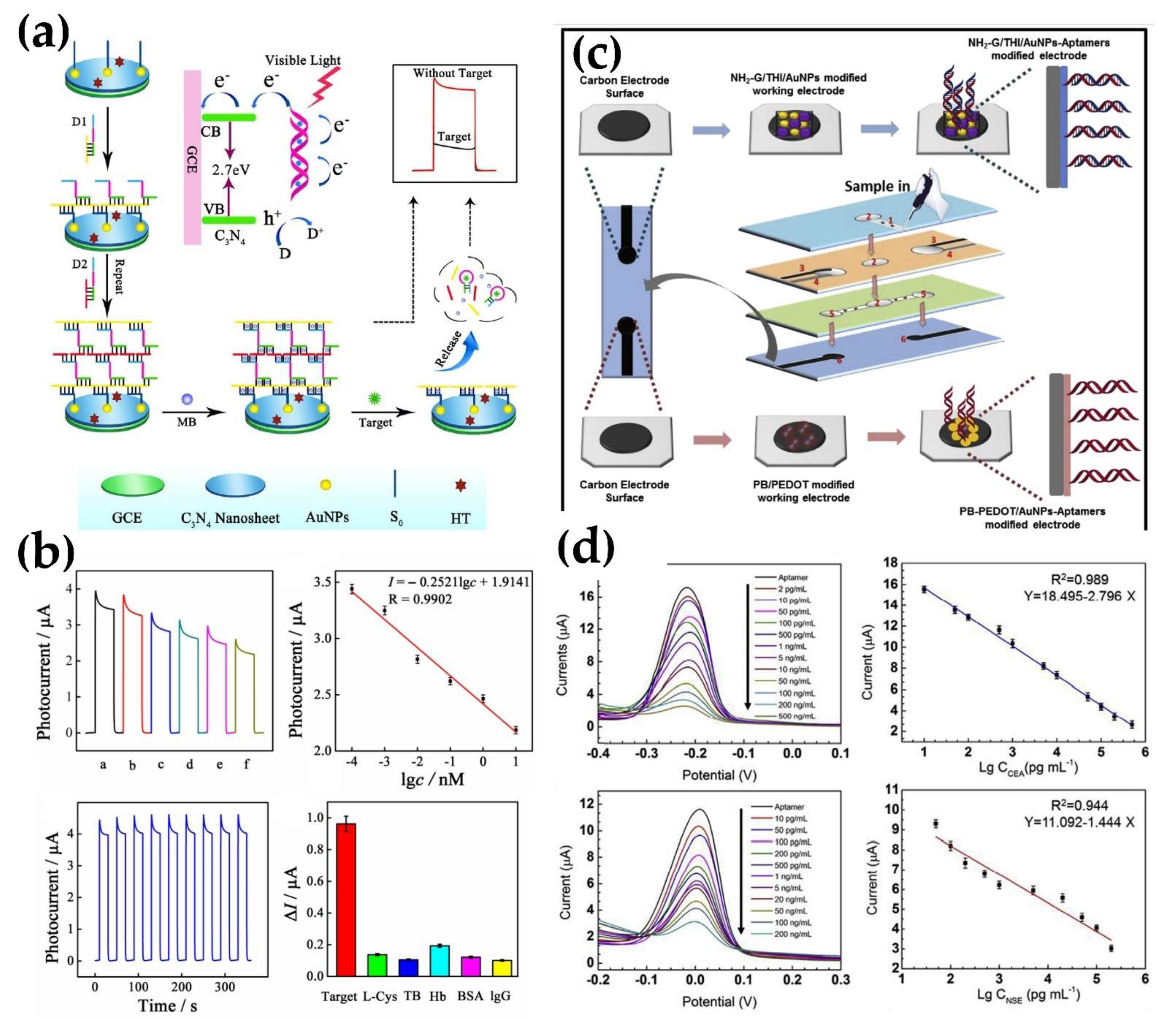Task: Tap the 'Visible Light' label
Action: click(303, 60)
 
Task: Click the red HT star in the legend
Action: click(461, 485)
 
